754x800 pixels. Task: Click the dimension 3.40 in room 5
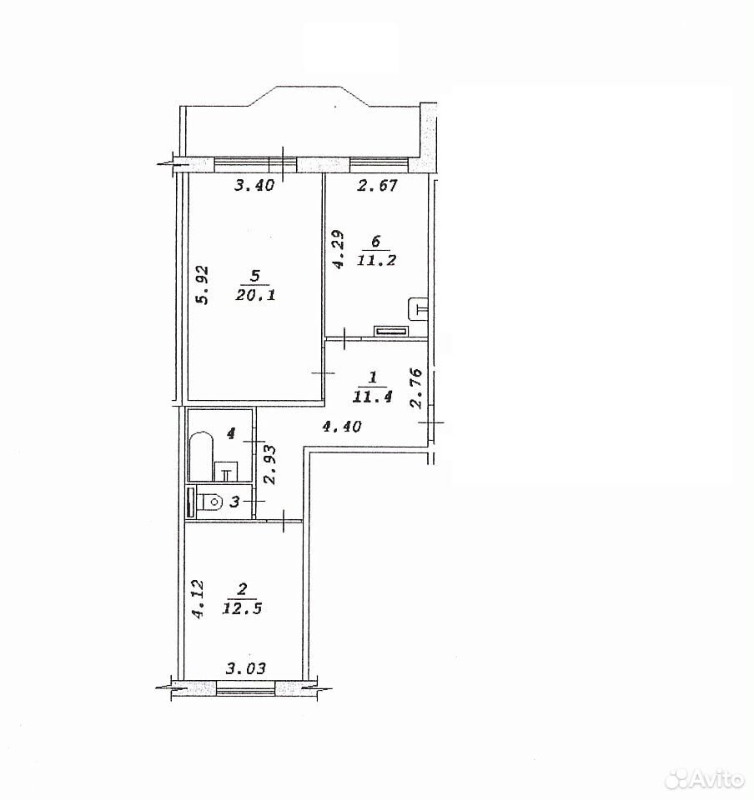coord(254,184)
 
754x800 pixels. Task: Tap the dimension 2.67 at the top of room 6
coord(377,185)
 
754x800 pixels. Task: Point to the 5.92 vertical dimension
coord(203,285)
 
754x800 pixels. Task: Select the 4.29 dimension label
coord(339,248)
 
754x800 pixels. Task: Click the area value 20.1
coord(255,294)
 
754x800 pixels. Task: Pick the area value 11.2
coord(377,260)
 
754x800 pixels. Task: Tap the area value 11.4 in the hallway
coord(372,397)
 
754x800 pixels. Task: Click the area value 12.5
coord(242,608)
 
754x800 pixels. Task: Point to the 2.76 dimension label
coord(417,387)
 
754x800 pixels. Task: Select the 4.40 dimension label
coord(341,426)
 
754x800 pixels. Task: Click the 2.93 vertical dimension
coord(270,464)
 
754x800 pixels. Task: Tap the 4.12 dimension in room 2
coord(199,598)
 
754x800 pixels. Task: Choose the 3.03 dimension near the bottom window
coord(246,667)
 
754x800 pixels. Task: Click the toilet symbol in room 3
coord(212,502)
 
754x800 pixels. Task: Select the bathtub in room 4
coord(199,457)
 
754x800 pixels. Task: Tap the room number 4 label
coord(231,433)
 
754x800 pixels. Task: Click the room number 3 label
coord(234,502)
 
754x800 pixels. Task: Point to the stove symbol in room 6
coord(391,331)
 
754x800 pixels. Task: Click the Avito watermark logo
coord(705,777)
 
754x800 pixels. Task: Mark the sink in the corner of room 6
coord(419,308)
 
